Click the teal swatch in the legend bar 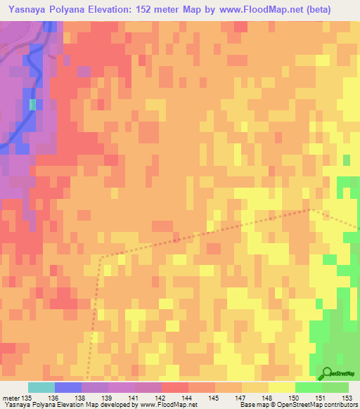tap(41, 388)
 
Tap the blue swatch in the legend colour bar tap(67, 388)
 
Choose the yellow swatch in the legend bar tap(281, 388)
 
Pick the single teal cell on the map tap(32, 105)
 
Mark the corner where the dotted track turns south tap(100, 257)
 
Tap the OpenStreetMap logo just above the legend tap(338, 374)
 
